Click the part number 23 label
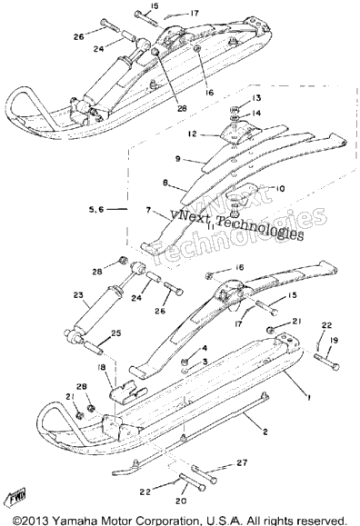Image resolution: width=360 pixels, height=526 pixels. [78, 295]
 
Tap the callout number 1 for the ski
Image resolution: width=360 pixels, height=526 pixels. [308, 398]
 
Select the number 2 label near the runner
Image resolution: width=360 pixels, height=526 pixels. [265, 432]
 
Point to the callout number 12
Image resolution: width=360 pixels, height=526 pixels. [193, 134]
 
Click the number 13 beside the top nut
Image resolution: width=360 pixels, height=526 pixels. [255, 98]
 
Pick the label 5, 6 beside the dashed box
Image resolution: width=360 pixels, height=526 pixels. [96, 210]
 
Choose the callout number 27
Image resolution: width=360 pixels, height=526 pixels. [242, 463]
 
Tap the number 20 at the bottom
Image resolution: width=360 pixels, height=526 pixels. [181, 501]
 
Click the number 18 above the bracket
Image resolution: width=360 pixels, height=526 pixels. [101, 368]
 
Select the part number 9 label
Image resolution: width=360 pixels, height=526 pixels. [178, 159]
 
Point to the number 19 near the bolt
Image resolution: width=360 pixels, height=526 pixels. [333, 341]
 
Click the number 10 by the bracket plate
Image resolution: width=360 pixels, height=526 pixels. [279, 189]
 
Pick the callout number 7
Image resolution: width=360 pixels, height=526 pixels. [148, 211]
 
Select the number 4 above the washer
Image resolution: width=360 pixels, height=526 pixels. [205, 348]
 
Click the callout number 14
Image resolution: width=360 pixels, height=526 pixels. [256, 113]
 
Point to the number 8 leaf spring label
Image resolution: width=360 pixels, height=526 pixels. [165, 184]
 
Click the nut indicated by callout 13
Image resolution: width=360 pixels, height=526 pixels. [235, 109]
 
